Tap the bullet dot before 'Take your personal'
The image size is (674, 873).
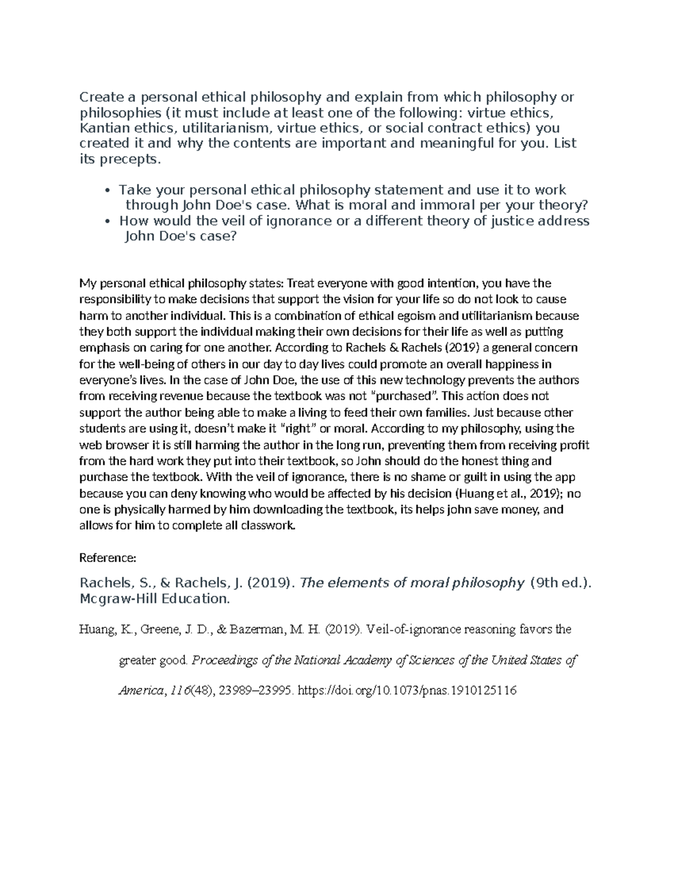coord(107,191)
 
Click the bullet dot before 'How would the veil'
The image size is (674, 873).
coord(107,221)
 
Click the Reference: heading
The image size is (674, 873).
coord(107,558)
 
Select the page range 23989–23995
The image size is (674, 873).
coord(256,690)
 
